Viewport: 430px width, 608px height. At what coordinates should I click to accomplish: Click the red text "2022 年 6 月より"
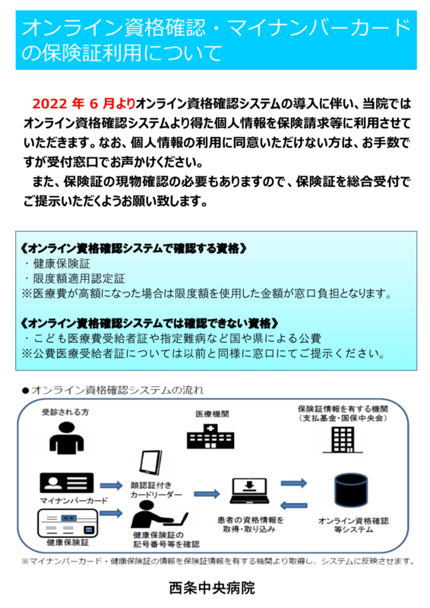[x=84, y=103]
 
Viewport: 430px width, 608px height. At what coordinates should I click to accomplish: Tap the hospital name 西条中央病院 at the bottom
[x=212, y=587]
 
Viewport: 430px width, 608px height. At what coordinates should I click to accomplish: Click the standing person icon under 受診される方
[x=67, y=438]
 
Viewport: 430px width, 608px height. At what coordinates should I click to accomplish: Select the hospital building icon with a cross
[x=210, y=436]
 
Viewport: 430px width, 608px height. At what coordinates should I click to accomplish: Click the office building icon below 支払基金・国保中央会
[x=343, y=440]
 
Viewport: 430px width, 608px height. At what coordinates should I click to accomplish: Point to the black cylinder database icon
[x=351, y=490]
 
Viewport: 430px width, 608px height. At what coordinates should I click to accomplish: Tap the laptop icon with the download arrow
[x=249, y=491]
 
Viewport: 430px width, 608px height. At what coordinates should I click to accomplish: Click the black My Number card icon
[x=67, y=483]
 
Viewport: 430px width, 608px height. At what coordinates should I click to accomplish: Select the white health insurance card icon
[x=68, y=523]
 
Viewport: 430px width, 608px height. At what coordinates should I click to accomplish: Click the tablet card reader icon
[x=151, y=463]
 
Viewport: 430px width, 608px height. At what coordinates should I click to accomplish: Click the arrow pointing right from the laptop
[x=294, y=483]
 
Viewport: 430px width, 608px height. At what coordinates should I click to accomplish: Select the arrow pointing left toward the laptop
[x=294, y=505]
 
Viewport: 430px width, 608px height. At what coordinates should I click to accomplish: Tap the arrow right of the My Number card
[x=111, y=486]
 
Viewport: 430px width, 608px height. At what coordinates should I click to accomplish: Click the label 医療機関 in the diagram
[x=212, y=414]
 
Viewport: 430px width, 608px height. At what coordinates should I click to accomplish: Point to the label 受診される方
[x=65, y=412]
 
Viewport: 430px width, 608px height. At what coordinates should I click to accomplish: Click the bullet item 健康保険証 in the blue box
[x=62, y=264]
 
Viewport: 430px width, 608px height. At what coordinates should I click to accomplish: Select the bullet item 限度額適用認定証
[x=79, y=278]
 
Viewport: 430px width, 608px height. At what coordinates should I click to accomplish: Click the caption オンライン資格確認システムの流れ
[x=117, y=390]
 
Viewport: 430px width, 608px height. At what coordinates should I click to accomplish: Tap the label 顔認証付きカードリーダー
[x=157, y=489]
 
